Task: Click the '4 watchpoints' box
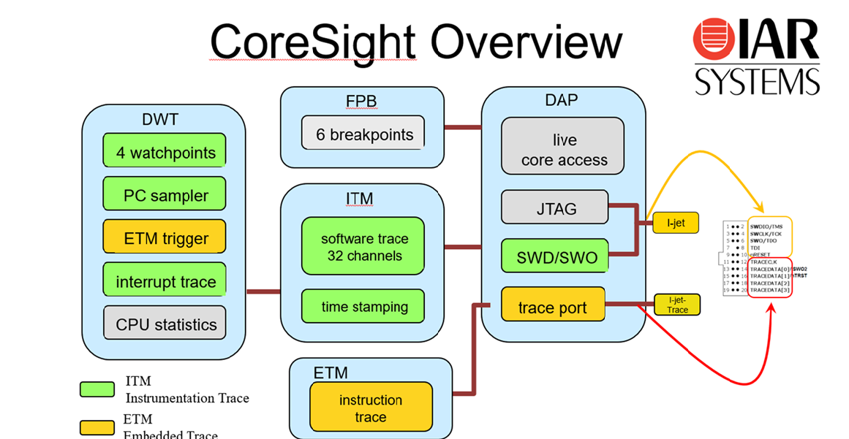[x=165, y=152]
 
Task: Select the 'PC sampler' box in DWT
[x=165, y=195]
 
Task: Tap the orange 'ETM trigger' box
[x=165, y=238]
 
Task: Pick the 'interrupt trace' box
[x=165, y=281]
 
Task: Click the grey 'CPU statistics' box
[x=165, y=324]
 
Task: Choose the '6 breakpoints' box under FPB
[x=363, y=134]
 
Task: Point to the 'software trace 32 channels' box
[x=363, y=247]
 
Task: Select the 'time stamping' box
[x=363, y=306]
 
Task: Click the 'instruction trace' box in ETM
[x=370, y=408]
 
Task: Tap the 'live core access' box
[x=562, y=149]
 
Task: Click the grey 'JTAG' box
[x=555, y=208]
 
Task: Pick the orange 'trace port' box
[x=553, y=306]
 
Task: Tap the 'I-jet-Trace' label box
[x=676, y=305]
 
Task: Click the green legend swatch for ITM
[x=97, y=389]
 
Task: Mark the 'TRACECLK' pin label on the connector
[x=767, y=262]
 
